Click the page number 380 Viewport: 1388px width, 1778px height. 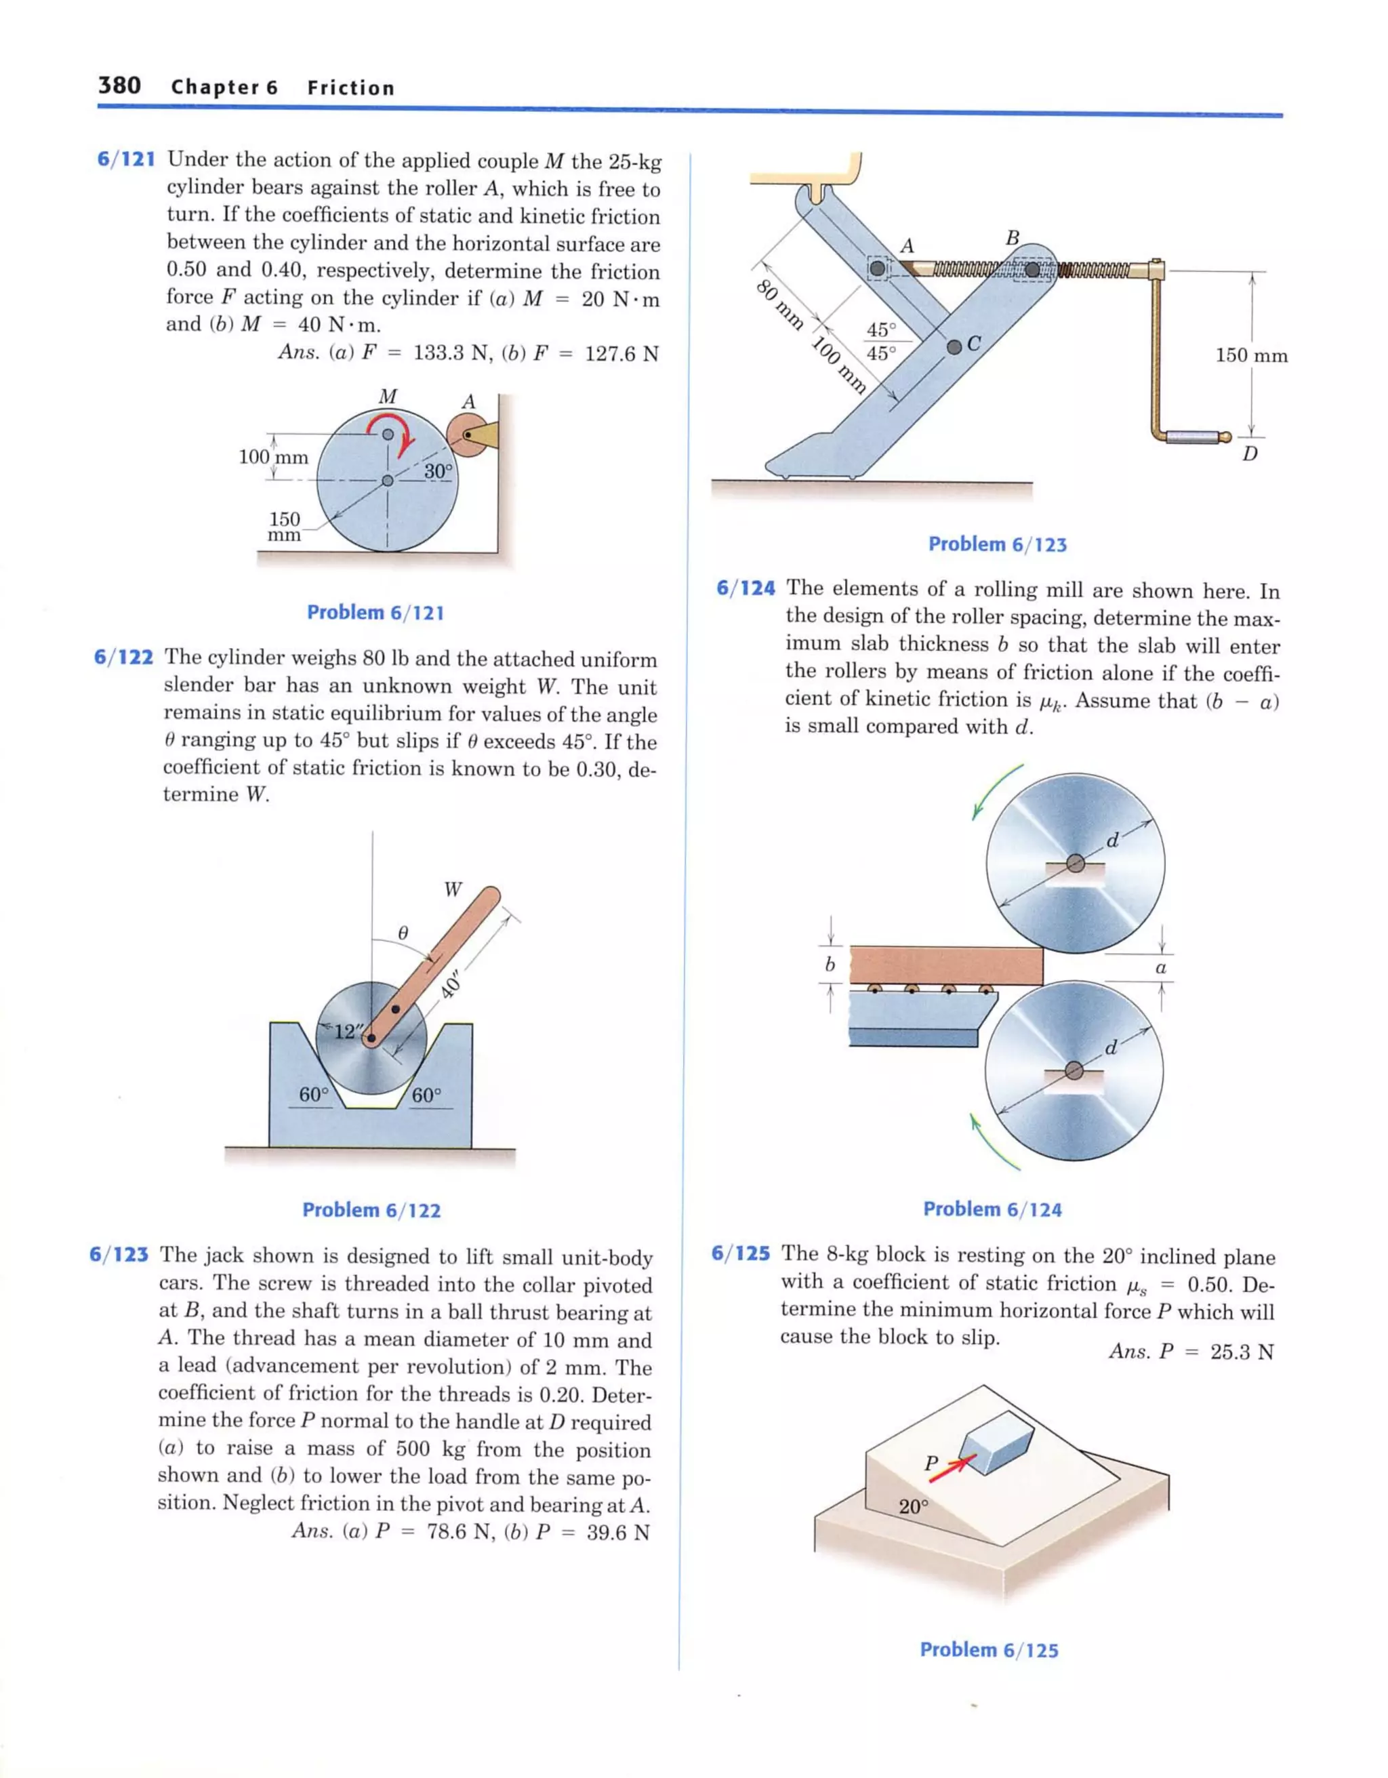[120, 85]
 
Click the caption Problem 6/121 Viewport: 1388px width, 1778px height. [375, 612]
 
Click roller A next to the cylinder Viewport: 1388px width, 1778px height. [466, 434]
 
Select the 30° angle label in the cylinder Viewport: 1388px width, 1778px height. [437, 470]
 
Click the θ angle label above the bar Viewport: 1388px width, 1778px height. [402, 931]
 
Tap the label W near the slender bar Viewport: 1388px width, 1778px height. [453, 889]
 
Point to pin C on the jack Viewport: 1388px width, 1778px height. [954, 347]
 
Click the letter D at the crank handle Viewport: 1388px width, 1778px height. [1249, 454]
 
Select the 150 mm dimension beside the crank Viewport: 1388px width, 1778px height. [1251, 355]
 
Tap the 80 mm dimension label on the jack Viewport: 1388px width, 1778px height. [779, 304]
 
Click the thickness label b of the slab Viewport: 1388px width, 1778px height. [830, 965]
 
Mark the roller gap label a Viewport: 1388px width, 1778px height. [1161, 967]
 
